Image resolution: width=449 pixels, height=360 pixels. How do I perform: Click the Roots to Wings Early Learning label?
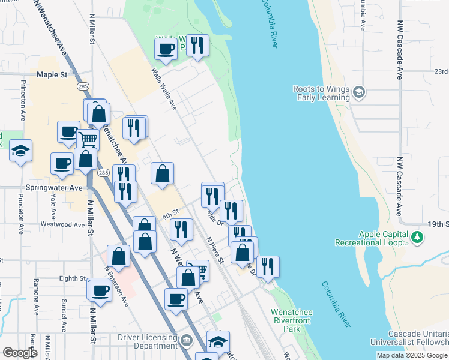(x=321, y=94)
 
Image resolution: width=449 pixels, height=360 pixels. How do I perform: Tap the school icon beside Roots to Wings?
(x=359, y=92)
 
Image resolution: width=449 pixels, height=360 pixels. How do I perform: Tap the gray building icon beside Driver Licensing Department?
(x=187, y=341)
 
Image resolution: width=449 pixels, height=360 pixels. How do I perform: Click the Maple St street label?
(x=52, y=75)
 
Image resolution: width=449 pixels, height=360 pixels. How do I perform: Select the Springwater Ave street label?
(x=53, y=187)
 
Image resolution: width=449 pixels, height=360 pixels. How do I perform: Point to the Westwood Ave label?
(x=62, y=224)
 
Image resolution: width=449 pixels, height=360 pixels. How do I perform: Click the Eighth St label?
(x=73, y=278)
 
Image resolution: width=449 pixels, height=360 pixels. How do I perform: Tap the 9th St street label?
(x=170, y=213)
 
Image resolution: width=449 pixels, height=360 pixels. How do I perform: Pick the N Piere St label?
(x=215, y=250)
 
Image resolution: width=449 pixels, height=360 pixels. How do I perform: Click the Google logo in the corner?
(x=20, y=353)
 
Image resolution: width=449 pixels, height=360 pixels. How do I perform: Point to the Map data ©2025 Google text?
(x=412, y=355)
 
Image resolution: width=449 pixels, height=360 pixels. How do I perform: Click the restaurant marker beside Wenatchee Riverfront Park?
(x=268, y=266)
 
